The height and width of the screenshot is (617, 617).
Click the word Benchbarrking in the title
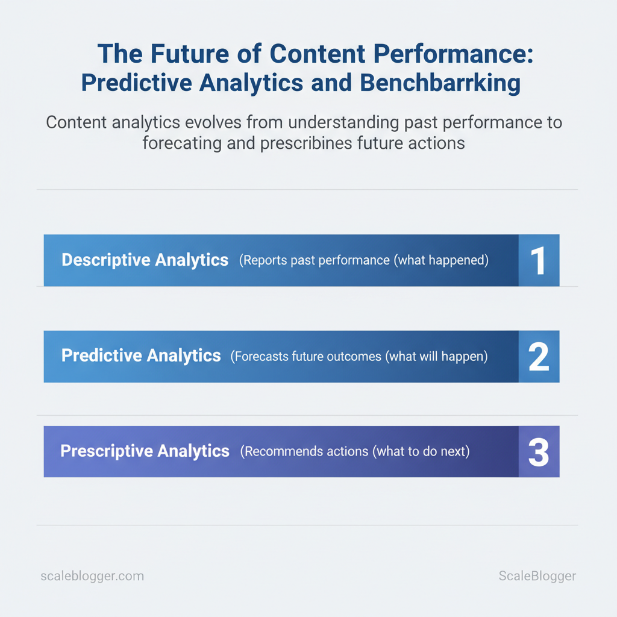point(440,83)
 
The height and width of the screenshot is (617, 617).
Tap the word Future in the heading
point(190,54)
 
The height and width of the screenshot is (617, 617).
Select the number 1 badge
point(539,260)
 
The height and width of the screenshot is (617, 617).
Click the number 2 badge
point(539,357)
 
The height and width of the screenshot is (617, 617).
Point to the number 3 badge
point(539,452)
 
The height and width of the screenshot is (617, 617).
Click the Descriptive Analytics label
point(145,260)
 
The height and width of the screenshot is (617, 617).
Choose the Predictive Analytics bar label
point(141,355)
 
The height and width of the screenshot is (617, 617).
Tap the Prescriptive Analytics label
point(145,451)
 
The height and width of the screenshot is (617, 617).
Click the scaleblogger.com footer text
point(92,576)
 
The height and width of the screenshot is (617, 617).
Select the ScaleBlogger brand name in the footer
point(537,576)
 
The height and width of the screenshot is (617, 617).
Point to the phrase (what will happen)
point(436,357)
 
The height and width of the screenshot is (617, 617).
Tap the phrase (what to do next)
point(421,451)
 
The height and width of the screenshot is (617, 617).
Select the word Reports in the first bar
point(263,260)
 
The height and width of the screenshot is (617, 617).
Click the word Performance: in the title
point(453,54)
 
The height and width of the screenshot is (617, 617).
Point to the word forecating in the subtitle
point(182,143)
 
